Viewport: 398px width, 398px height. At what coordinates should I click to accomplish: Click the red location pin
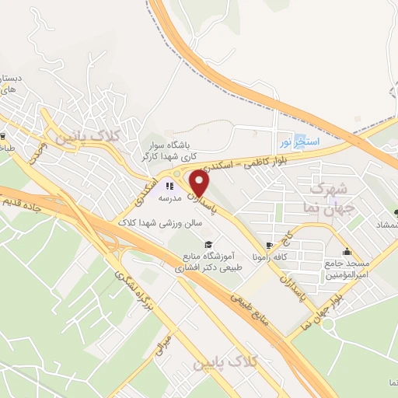200,184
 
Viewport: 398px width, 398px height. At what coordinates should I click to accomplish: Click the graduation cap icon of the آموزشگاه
208,246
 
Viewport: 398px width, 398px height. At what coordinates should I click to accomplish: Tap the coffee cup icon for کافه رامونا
269,245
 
